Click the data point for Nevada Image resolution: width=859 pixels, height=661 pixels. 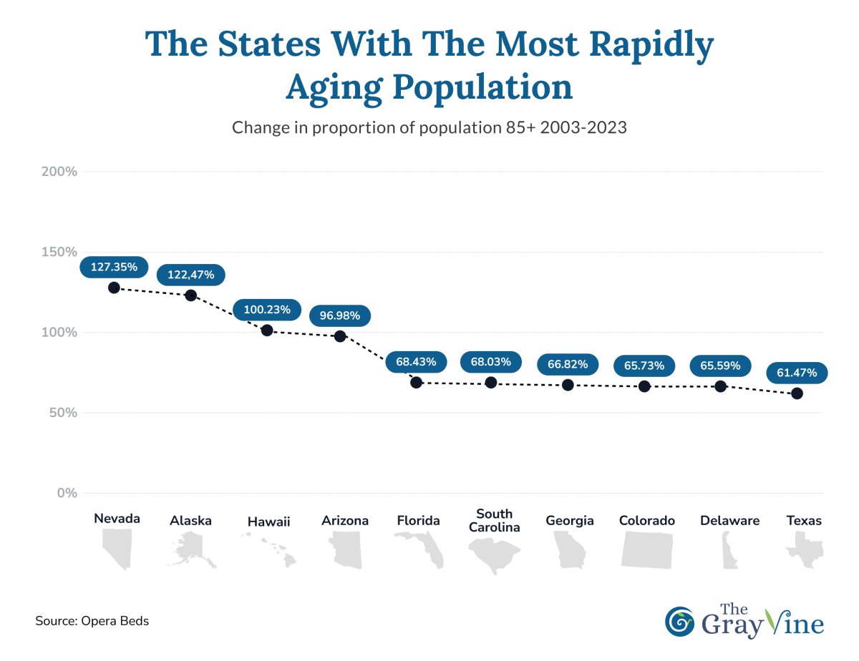[114, 288]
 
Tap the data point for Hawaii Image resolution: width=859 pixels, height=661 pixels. [267, 330]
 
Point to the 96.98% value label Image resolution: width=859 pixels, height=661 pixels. [340, 315]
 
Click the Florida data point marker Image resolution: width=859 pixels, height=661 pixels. [417, 383]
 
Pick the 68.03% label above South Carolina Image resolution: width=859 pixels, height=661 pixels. [491, 363]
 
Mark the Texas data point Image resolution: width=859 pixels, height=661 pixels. [797, 393]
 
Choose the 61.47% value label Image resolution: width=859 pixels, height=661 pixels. [797, 373]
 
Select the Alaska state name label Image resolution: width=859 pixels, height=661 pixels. [190, 521]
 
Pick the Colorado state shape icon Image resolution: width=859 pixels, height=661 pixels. [647, 550]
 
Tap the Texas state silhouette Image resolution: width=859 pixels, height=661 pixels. [805, 553]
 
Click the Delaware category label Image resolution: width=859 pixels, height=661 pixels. [729, 521]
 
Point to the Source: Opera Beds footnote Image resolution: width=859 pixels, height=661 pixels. [92, 621]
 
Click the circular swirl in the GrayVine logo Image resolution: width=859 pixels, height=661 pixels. [679, 622]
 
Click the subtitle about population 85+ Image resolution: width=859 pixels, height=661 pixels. [429, 128]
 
